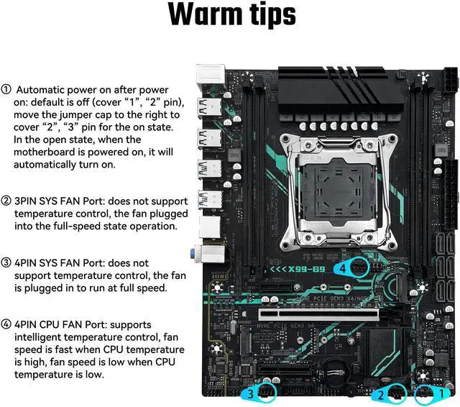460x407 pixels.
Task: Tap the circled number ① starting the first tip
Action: [x=6, y=90]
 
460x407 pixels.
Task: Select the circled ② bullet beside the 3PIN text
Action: [x=6, y=200]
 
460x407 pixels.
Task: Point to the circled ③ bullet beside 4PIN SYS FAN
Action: [x=6, y=262]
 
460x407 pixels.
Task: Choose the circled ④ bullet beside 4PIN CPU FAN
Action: [x=6, y=324]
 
